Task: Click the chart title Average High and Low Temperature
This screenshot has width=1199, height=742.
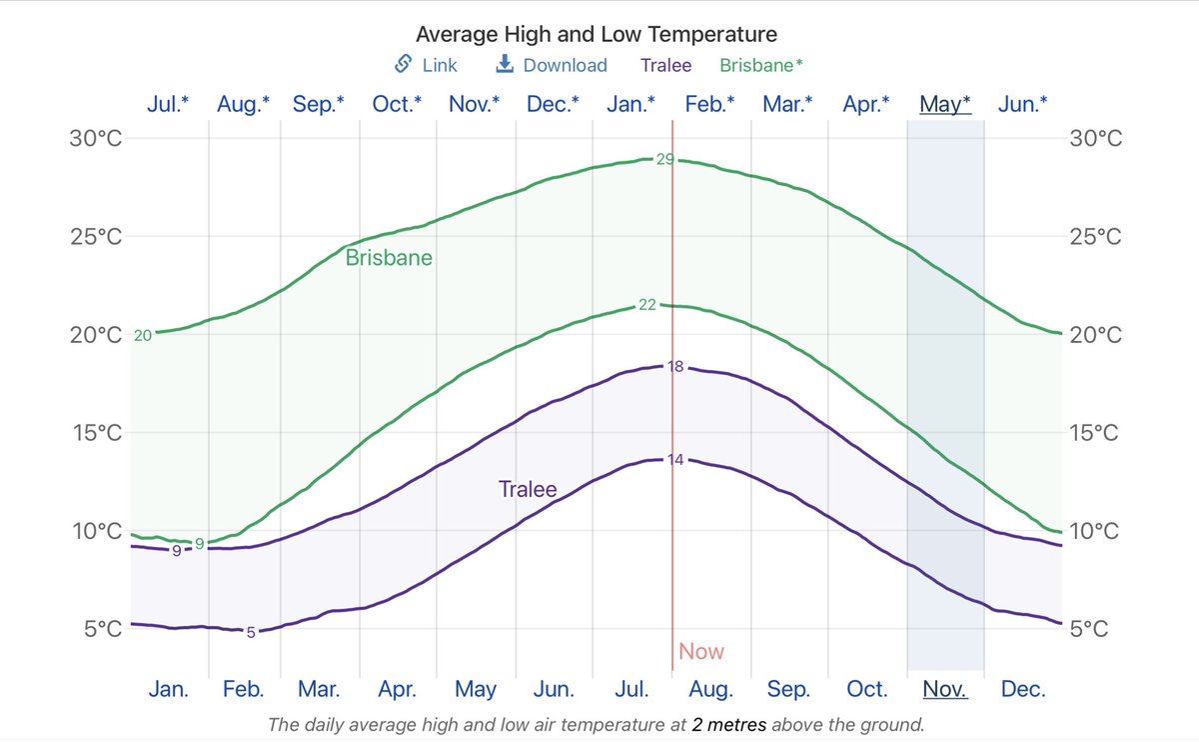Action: tap(596, 34)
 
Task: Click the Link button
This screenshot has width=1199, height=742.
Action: tap(427, 65)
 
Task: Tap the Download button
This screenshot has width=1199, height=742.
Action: tap(552, 65)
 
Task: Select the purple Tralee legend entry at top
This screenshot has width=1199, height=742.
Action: tap(666, 65)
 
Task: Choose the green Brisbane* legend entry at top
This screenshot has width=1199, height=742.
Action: tap(760, 65)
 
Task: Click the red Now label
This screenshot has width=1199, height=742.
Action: tap(701, 652)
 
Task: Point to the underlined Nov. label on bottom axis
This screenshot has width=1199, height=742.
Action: tap(944, 689)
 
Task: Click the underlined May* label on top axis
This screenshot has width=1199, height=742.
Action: tap(944, 104)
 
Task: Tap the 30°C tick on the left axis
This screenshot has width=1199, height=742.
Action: tap(96, 139)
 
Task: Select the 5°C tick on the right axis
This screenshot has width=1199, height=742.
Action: tap(1096, 629)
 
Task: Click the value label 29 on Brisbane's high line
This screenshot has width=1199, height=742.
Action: tap(664, 159)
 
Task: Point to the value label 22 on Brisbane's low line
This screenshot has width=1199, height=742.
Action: tap(647, 305)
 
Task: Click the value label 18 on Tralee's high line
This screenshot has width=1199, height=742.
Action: tap(675, 367)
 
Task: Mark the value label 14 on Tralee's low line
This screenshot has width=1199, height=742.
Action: tap(675, 460)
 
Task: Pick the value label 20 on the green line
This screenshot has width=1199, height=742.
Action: tap(143, 336)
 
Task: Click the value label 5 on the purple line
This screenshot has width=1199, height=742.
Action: tap(251, 632)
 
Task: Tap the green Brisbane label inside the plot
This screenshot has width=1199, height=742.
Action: tap(389, 258)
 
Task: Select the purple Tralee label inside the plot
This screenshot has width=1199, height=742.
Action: tap(528, 490)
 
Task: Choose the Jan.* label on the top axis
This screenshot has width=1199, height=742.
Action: tap(631, 104)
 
